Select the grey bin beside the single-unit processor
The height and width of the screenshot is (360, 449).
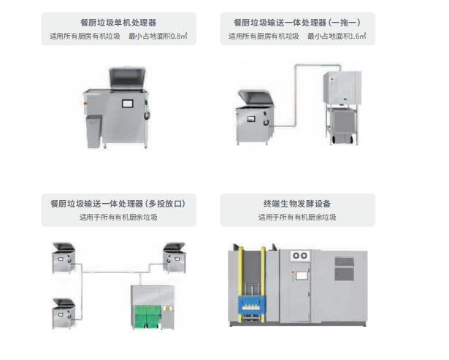(x=94, y=131)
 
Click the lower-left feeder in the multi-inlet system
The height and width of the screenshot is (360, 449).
(x=64, y=313)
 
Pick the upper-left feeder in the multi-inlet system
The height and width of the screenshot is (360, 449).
(x=64, y=256)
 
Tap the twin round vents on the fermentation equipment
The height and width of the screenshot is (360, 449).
(x=301, y=256)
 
